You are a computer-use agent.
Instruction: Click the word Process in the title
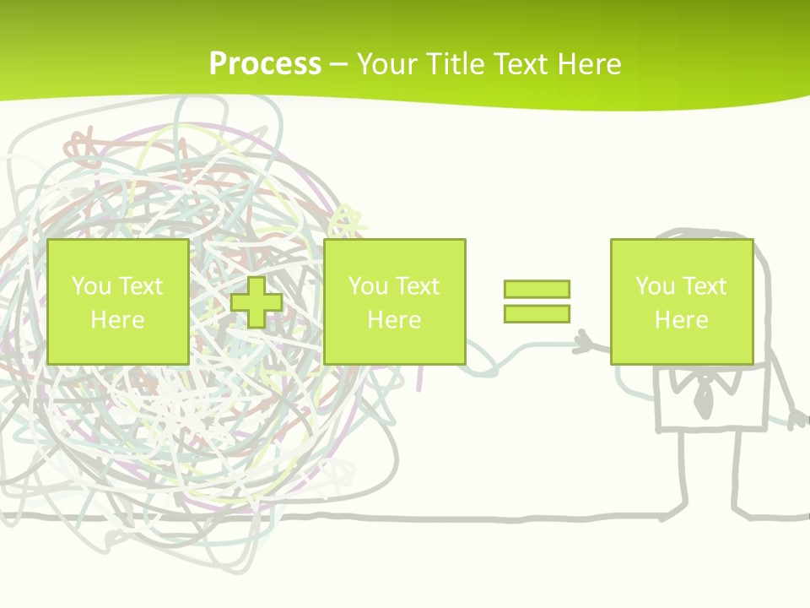[x=265, y=64]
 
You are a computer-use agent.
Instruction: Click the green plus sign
[x=256, y=302]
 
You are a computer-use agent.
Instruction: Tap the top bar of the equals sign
[x=537, y=289]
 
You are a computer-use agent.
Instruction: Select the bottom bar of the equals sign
[x=537, y=313]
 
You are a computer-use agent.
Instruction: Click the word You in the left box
[x=92, y=285]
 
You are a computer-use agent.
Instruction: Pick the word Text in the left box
[x=140, y=285]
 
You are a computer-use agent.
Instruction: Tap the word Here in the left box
[x=117, y=320]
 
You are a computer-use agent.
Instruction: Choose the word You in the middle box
[x=369, y=285]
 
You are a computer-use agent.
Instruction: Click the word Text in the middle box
[x=417, y=285]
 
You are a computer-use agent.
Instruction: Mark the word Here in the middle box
[x=394, y=320]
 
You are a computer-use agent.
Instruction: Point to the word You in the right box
[x=656, y=285]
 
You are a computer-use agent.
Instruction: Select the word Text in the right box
[x=704, y=285]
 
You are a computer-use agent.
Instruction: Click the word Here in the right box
[x=681, y=320]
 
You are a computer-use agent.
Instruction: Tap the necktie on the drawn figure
[x=702, y=398]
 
